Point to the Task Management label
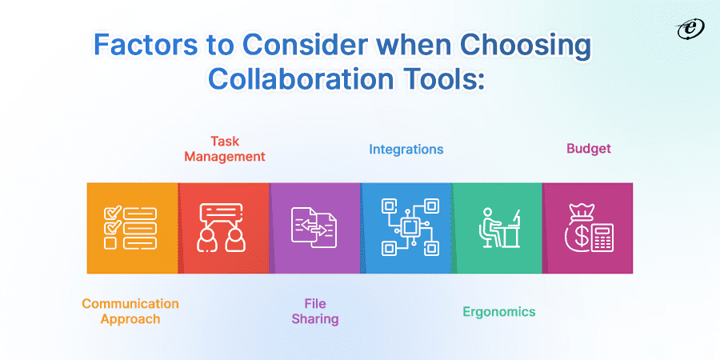(225, 149)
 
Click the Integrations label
(406, 149)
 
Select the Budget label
(589, 148)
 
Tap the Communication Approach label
(130, 311)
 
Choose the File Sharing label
(315, 311)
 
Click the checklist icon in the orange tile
(130, 227)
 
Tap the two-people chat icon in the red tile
(223, 227)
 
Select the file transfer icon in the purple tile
(314, 227)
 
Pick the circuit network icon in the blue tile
(407, 227)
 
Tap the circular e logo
(686, 29)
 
